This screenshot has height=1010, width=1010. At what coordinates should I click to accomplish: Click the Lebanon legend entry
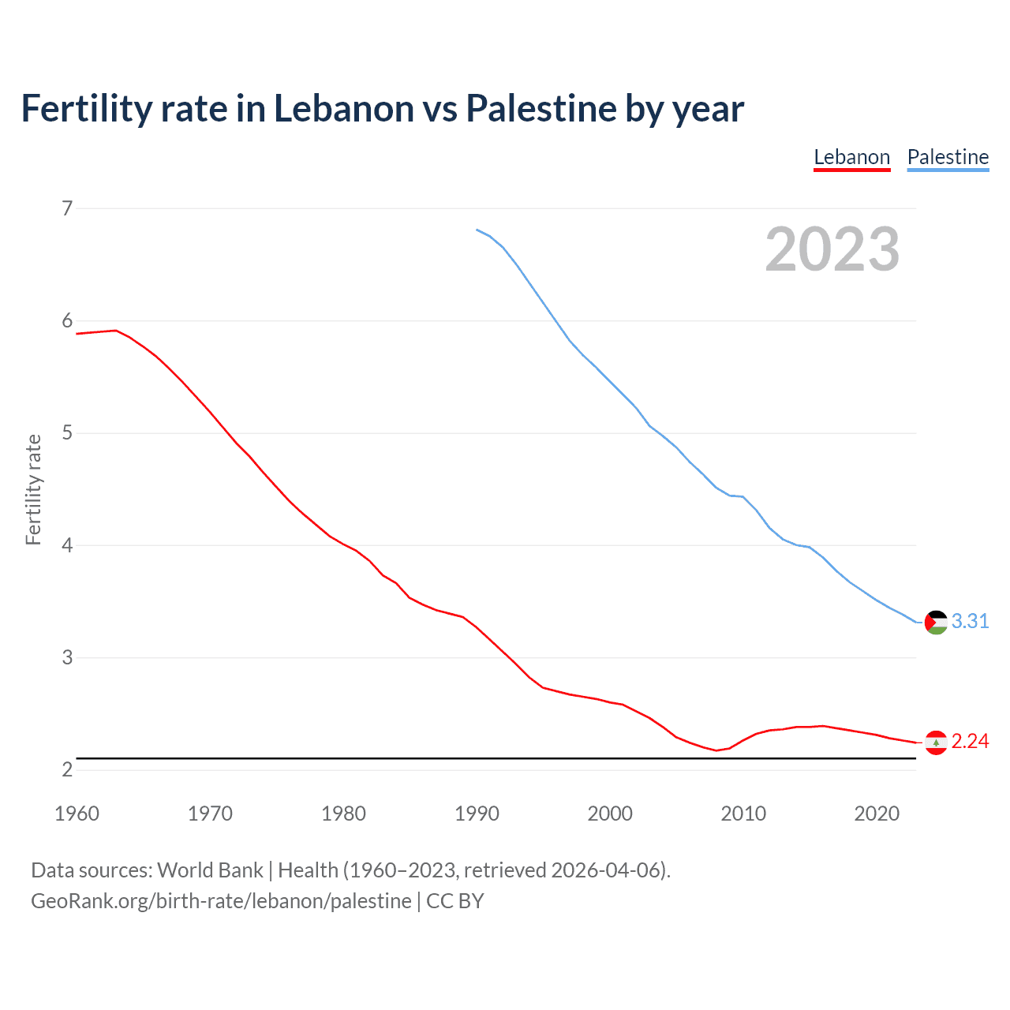pyautogui.click(x=851, y=157)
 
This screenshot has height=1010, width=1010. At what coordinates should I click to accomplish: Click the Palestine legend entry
pyautogui.click(x=948, y=157)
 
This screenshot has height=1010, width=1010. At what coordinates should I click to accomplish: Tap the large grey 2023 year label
pyautogui.click(x=832, y=249)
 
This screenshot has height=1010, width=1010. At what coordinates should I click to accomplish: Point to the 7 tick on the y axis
pyautogui.click(x=67, y=208)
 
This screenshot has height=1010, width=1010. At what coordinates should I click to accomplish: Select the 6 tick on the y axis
pyautogui.click(x=67, y=320)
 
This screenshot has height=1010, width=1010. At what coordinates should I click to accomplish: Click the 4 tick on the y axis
pyautogui.click(x=67, y=545)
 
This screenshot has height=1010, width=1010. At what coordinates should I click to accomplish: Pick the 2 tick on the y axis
pyautogui.click(x=67, y=769)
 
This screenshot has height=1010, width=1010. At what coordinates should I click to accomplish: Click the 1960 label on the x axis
pyautogui.click(x=77, y=814)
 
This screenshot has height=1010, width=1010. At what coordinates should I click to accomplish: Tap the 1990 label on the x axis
pyautogui.click(x=477, y=814)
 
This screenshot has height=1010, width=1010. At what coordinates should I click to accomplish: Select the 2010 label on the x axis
pyautogui.click(x=743, y=814)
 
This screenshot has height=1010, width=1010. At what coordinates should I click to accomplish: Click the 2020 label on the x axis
pyautogui.click(x=877, y=814)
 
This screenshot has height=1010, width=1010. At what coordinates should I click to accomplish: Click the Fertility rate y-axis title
pyautogui.click(x=33, y=489)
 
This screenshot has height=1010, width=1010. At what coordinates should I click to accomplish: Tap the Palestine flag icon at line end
pyautogui.click(x=936, y=623)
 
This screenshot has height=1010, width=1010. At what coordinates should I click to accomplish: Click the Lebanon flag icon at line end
pyautogui.click(x=936, y=743)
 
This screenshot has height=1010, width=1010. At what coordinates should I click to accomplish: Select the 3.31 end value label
pyautogui.click(x=970, y=622)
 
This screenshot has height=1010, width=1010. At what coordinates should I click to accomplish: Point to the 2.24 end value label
pyautogui.click(x=970, y=742)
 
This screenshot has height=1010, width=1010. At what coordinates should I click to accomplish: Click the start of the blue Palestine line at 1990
pyautogui.click(x=477, y=230)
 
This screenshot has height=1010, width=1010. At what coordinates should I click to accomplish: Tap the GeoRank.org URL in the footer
pyautogui.click(x=221, y=901)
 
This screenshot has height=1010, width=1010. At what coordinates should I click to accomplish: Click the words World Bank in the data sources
pyautogui.click(x=210, y=870)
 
